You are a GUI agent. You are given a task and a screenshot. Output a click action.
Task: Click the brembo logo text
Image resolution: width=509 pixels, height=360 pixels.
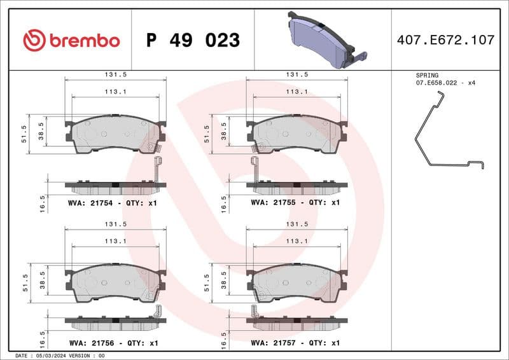[83, 41]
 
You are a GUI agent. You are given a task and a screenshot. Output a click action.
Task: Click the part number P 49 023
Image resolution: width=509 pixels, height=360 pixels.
[193, 41]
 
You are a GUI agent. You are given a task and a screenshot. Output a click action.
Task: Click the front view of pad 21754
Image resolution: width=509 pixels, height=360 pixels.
[115, 134]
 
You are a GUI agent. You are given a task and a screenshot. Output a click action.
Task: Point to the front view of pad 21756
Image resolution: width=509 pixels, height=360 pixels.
[115, 282]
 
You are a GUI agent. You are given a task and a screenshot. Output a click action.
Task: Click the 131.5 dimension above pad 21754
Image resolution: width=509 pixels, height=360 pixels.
[115, 74]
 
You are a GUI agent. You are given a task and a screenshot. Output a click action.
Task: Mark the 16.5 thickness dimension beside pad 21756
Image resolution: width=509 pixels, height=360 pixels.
[43, 336]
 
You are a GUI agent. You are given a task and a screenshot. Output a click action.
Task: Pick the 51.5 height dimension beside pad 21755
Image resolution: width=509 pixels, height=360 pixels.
[206, 134]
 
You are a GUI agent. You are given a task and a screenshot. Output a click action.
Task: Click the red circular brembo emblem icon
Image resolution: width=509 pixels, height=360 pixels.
[34, 41]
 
